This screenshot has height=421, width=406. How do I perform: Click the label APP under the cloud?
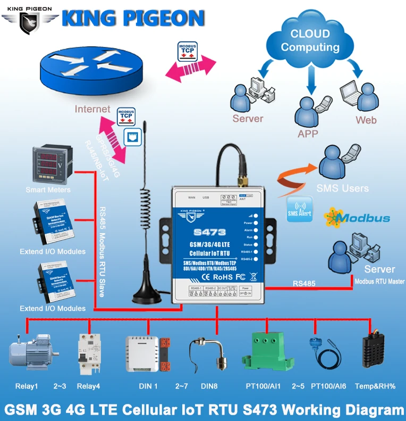(308, 134)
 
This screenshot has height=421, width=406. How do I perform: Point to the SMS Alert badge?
(300, 209)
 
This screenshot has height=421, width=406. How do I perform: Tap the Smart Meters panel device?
(50, 163)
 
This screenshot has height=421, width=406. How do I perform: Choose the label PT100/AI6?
(328, 386)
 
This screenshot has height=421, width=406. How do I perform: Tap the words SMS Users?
(342, 188)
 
